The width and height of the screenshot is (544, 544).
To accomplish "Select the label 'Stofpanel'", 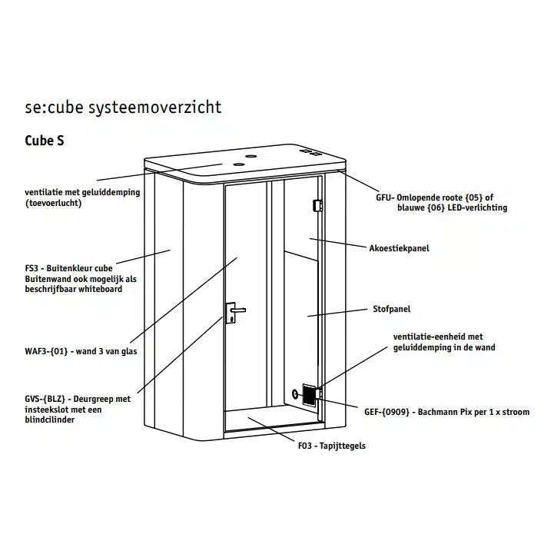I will click(x=392, y=309).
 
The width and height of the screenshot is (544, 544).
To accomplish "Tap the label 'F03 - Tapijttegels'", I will click(x=331, y=445).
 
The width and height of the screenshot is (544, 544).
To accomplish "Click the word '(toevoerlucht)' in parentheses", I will click(x=53, y=204).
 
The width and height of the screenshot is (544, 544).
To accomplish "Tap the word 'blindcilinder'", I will click(x=51, y=420).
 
